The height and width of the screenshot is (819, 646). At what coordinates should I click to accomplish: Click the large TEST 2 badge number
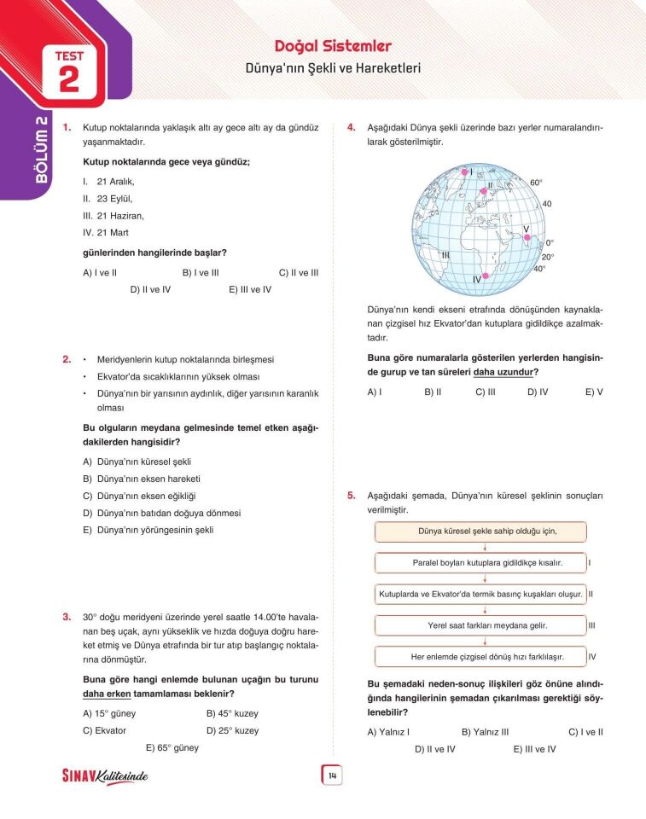(x=69, y=79)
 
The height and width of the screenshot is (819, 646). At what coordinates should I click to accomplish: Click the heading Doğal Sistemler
(x=333, y=46)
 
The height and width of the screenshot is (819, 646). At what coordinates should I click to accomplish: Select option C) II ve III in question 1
(x=298, y=273)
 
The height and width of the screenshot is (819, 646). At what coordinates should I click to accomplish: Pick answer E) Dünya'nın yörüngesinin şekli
(x=148, y=530)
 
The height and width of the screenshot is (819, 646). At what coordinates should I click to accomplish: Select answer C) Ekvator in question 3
(x=104, y=731)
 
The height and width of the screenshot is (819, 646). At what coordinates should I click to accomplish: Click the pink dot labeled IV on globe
(x=486, y=276)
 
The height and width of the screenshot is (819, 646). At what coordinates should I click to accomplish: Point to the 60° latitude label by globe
(x=536, y=183)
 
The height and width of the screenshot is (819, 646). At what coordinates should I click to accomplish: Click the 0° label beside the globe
(x=550, y=242)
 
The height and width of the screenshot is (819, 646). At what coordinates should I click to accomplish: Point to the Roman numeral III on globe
(x=445, y=255)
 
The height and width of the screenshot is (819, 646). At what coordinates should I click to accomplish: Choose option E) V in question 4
(x=594, y=392)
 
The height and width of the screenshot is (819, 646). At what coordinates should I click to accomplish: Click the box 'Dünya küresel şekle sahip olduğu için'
(x=481, y=531)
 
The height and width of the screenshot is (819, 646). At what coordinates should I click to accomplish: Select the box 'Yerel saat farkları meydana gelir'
(x=481, y=625)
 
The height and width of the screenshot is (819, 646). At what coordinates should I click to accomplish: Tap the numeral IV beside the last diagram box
(x=591, y=657)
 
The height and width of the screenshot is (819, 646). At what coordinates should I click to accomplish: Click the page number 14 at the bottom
(x=331, y=775)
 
